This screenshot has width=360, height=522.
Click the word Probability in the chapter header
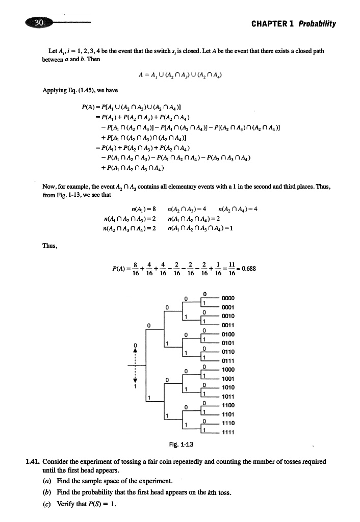coord(317,24)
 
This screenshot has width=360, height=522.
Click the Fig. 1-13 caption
coord(181,444)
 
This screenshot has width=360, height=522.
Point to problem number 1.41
coord(34,462)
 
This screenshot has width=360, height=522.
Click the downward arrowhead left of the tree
coord(135,379)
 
